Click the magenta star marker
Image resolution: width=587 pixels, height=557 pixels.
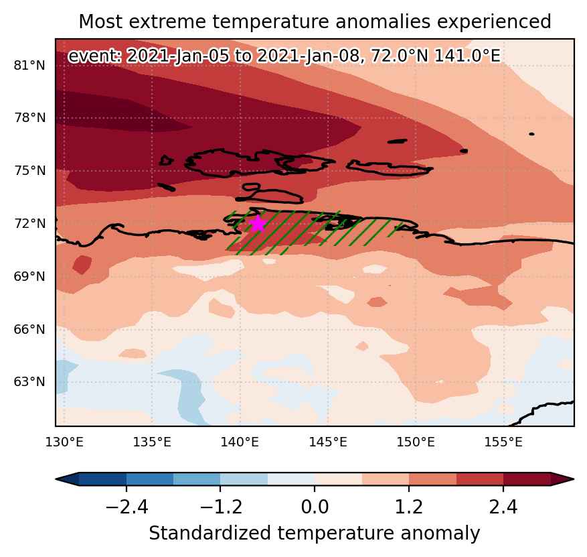coord(258,224)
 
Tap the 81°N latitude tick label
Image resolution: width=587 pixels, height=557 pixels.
coord(29,66)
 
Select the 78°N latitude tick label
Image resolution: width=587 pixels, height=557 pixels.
coord(29,118)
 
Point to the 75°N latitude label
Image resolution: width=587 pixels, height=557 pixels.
coord(29,170)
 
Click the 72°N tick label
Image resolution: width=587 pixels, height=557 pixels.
coord(29,223)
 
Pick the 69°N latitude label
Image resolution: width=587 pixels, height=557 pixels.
coord(29,277)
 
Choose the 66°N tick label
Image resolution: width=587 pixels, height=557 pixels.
coord(29,330)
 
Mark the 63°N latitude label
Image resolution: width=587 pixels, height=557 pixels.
coord(29,382)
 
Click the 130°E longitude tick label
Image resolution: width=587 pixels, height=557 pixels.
coord(64,442)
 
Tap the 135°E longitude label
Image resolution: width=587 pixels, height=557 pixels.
coord(152,442)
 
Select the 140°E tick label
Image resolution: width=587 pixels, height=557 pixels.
coord(240,442)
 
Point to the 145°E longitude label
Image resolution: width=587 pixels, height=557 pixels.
coord(328,442)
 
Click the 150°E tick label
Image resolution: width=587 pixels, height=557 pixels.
coord(416,442)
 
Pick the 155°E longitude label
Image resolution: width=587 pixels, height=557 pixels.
coord(503,442)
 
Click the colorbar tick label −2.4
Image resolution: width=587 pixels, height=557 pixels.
coord(127,507)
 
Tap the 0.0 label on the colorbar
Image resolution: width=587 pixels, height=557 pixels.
coord(315,507)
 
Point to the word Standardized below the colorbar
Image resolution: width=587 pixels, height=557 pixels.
coord(209,533)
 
